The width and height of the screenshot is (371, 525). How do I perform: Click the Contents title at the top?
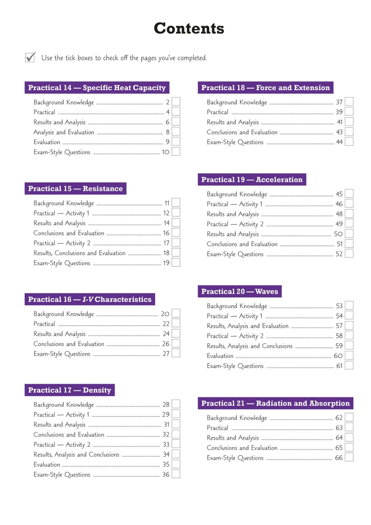click(x=189, y=29)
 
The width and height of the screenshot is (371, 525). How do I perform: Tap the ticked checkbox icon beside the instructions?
click(x=30, y=58)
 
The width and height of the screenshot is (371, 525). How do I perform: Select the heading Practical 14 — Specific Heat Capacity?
click(x=97, y=88)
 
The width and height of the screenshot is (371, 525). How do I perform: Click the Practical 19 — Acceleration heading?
click(x=252, y=180)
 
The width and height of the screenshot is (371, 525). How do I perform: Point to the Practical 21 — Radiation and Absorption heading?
click(x=275, y=403)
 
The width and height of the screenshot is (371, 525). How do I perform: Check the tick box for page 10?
click(x=176, y=152)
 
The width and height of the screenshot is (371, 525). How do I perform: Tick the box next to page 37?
click(x=349, y=102)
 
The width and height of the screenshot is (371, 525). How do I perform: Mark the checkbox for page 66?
click(x=349, y=457)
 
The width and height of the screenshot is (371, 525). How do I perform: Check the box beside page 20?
click(x=176, y=313)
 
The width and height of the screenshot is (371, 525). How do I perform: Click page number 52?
click(x=339, y=254)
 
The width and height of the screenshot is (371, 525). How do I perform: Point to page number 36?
click(x=166, y=474)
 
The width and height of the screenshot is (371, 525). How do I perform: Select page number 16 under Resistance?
click(x=166, y=233)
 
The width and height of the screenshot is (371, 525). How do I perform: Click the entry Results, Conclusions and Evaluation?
click(x=80, y=253)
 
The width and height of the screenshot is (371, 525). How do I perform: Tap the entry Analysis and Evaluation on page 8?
click(x=64, y=132)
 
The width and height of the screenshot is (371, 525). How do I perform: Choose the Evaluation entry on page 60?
click(x=220, y=356)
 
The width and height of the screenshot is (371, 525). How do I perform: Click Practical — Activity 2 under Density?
click(x=62, y=445)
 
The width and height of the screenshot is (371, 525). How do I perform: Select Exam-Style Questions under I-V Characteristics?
click(x=62, y=354)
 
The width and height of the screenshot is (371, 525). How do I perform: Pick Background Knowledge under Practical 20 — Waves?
click(x=237, y=306)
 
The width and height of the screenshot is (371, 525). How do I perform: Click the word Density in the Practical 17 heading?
click(x=97, y=390)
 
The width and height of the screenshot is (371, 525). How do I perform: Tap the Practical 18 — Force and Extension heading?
click(x=266, y=88)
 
